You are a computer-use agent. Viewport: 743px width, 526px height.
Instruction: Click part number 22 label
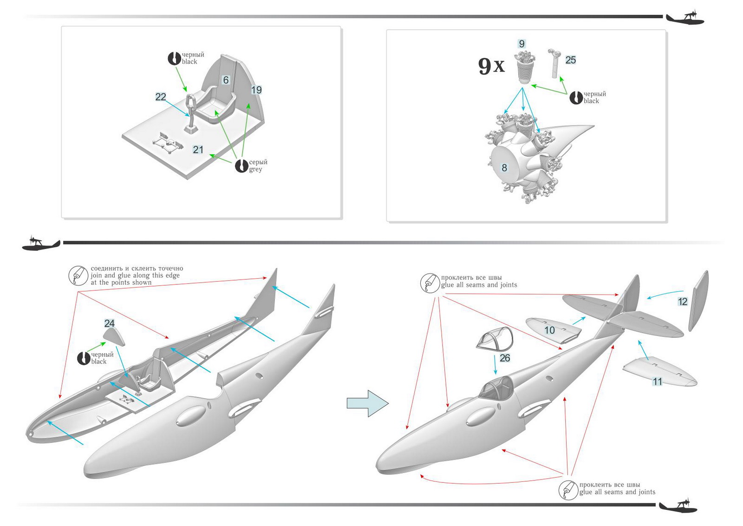161,97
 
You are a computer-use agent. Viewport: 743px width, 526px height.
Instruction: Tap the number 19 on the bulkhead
256,90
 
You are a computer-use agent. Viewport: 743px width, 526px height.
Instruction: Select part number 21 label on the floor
198,150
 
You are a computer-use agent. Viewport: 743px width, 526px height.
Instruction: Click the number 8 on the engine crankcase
504,168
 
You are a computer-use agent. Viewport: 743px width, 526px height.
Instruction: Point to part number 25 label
571,60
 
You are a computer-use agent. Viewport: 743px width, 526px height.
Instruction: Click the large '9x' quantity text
491,66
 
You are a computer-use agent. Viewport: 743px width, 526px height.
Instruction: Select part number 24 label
109,323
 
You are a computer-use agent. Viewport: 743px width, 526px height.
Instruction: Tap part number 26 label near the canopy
505,358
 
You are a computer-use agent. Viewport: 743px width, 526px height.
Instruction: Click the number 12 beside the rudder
683,302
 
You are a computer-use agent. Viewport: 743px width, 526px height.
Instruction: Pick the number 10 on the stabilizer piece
550,330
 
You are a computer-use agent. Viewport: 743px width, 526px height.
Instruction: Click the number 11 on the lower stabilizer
658,381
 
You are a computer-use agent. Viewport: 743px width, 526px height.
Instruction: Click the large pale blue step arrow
367,403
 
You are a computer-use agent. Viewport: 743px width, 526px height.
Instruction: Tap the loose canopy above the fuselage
495,338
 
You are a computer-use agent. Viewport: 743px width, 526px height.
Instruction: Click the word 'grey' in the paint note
255,170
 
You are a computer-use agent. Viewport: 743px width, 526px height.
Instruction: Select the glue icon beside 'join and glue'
78,276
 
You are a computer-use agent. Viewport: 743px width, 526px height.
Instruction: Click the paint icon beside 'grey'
241,166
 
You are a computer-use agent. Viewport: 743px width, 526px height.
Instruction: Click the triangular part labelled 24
114,336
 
